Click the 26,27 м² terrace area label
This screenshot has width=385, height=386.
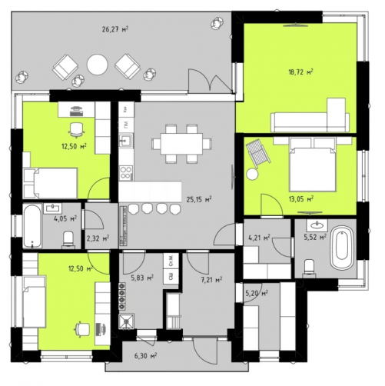click(115, 29)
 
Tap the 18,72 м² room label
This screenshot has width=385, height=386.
click(300, 72)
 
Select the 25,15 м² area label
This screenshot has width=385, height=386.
click(199, 199)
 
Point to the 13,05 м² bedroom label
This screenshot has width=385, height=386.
click(301, 198)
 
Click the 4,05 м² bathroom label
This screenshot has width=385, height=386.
click(65, 219)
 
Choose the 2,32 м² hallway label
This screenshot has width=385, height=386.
click(98, 238)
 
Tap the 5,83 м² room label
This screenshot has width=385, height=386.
click(142, 278)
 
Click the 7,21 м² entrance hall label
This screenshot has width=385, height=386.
click(211, 279)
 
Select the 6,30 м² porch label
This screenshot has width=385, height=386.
click(145, 355)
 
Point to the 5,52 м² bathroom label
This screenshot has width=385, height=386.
click(315, 237)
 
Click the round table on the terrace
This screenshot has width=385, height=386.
click(97, 65)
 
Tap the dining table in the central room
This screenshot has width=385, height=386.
click(181, 144)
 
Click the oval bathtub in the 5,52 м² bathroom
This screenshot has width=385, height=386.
click(342, 248)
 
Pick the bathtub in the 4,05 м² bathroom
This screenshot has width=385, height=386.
click(32, 226)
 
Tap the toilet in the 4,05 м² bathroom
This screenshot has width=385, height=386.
click(68, 240)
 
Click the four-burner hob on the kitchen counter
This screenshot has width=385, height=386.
click(126, 172)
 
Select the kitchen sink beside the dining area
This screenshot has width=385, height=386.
click(126, 141)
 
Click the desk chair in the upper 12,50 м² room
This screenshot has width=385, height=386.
click(76, 130)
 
